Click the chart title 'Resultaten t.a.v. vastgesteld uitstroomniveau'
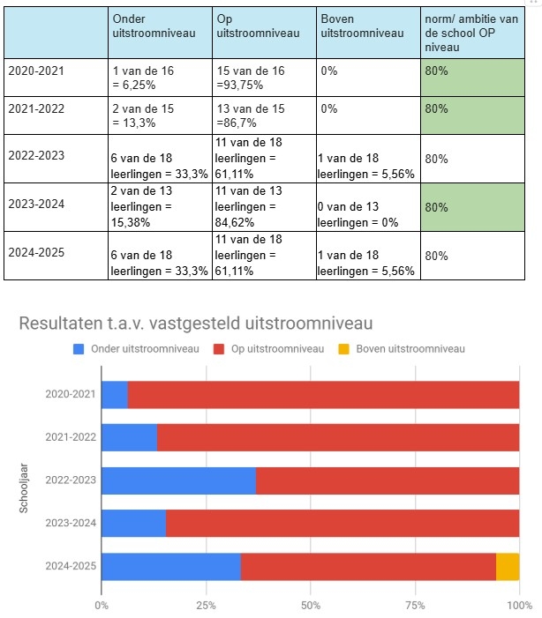(196, 324)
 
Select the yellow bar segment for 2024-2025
(508, 566)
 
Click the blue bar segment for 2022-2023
(178, 480)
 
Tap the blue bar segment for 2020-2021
(115, 395)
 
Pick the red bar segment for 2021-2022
(338, 437)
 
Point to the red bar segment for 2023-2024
(343, 523)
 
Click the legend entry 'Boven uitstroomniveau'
(410, 349)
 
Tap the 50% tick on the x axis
(310, 605)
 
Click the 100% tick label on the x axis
(519, 605)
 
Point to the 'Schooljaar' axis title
(26, 480)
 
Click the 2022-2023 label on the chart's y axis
(71, 480)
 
